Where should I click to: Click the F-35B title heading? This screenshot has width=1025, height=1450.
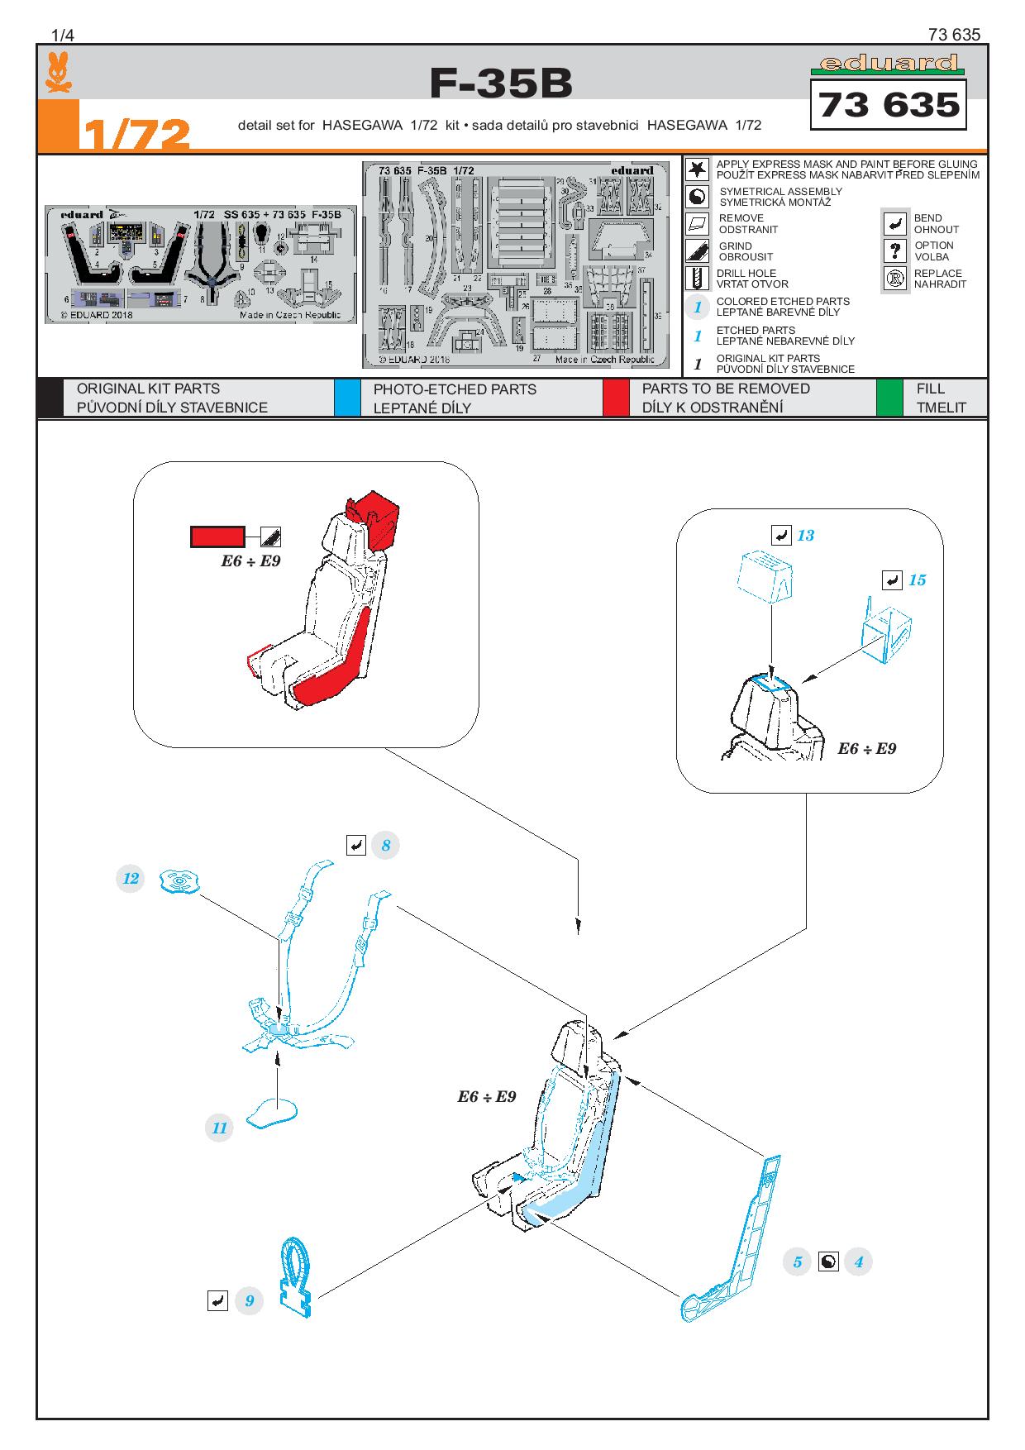pyautogui.click(x=501, y=83)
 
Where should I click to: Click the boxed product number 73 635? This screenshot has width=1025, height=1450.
pyautogui.click(x=889, y=105)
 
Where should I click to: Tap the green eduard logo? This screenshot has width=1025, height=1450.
pyautogui.click(x=887, y=64)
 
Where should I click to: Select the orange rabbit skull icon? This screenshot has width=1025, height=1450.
pyautogui.click(x=57, y=73)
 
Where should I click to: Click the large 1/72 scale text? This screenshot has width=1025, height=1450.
pyautogui.click(x=136, y=134)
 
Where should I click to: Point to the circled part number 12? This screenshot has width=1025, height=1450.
pyautogui.click(x=131, y=878)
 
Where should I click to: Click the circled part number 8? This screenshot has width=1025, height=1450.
pyautogui.click(x=385, y=845)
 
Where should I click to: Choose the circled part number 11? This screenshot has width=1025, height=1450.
pyautogui.click(x=219, y=1128)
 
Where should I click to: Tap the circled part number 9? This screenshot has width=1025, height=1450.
pyautogui.click(x=249, y=1300)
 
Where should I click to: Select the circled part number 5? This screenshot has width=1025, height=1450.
pyautogui.click(x=797, y=1262)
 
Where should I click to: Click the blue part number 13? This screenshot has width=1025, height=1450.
pyautogui.click(x=805, y=536)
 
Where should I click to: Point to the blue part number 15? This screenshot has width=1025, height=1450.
pyautogui.click(x=917, y=580)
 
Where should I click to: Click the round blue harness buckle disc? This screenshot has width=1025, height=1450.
pyautogui.click(x=180, y=881)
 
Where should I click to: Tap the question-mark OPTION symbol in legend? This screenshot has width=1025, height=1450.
pyautogui.click(x=894, y=250)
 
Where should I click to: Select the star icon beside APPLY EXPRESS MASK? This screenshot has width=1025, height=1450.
pyautogui.click(x=698, y=169)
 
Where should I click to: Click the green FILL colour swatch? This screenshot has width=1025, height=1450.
pyautogui.click(x=889, y=398)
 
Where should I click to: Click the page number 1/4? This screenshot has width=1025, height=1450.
pyautogui.click(x=63, y=35)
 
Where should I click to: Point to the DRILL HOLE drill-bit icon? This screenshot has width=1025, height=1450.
pyautogui.click(x=698, y=279)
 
